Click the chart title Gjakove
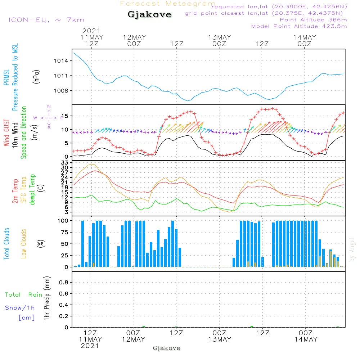pyautogui.click(x=149, y=15)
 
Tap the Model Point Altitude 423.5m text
pyautogui.click(x=299, y=26)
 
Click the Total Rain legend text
pyautogui.click(x=24, y=295)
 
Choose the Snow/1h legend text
pyautogui.click(x=20, y=308)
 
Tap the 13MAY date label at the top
pyautogui.click(x=219, y=37)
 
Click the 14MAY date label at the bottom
pyautogui.click(x=305, y=339)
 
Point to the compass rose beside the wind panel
pyautogui.click(x=49, y=117)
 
